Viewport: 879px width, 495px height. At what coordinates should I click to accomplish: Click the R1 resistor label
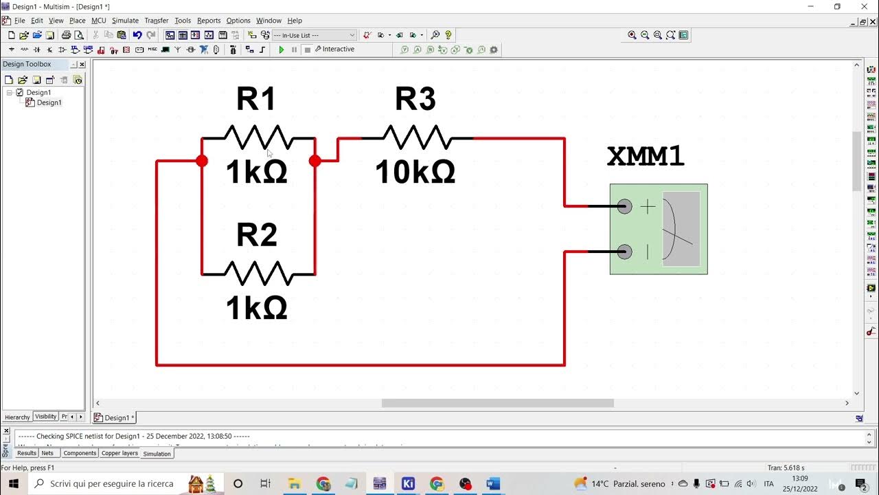256,100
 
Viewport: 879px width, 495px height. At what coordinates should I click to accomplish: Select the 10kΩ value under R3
415,173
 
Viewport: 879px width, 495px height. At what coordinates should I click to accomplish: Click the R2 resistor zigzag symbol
258,274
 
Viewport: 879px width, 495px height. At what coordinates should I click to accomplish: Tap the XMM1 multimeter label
646,157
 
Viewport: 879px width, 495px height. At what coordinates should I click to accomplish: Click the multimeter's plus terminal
624,206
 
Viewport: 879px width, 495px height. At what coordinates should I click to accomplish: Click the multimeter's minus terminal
624,252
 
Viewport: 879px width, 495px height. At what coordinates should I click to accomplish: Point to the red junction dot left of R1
201,161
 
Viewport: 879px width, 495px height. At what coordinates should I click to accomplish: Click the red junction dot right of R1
315,161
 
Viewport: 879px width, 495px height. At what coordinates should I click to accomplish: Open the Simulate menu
125,21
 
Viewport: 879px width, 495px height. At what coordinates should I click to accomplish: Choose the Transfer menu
156,21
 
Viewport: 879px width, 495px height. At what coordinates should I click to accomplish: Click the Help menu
295,21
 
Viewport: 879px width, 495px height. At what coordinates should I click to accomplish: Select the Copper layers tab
119,453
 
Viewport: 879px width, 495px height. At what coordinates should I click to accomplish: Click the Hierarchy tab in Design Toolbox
17,417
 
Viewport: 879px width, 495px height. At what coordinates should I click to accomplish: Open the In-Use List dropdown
315,35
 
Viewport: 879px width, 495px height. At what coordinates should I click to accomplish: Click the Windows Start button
13,483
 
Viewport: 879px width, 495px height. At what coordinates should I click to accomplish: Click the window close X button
865,6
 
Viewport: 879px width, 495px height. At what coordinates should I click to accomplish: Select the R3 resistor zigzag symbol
417,138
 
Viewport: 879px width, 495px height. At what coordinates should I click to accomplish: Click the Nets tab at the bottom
47,453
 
